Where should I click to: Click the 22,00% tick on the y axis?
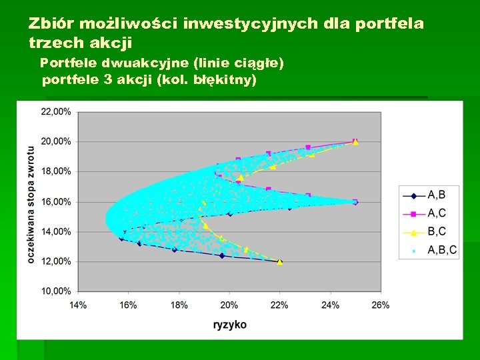56,112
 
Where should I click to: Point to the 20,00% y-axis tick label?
56,141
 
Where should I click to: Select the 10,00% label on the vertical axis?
56,291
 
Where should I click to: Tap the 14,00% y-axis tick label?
56,231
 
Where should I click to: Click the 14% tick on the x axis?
78,305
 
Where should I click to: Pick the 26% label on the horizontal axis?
380,305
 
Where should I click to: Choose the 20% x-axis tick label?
229,305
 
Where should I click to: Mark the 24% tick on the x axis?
330,305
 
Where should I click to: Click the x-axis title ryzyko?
229,325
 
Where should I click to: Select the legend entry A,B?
437,195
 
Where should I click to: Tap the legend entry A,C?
437,213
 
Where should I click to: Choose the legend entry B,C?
437,231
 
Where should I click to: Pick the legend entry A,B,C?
442,250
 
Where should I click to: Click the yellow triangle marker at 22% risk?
280,261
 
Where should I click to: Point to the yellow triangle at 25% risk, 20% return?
355,141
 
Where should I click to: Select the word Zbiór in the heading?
51,25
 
